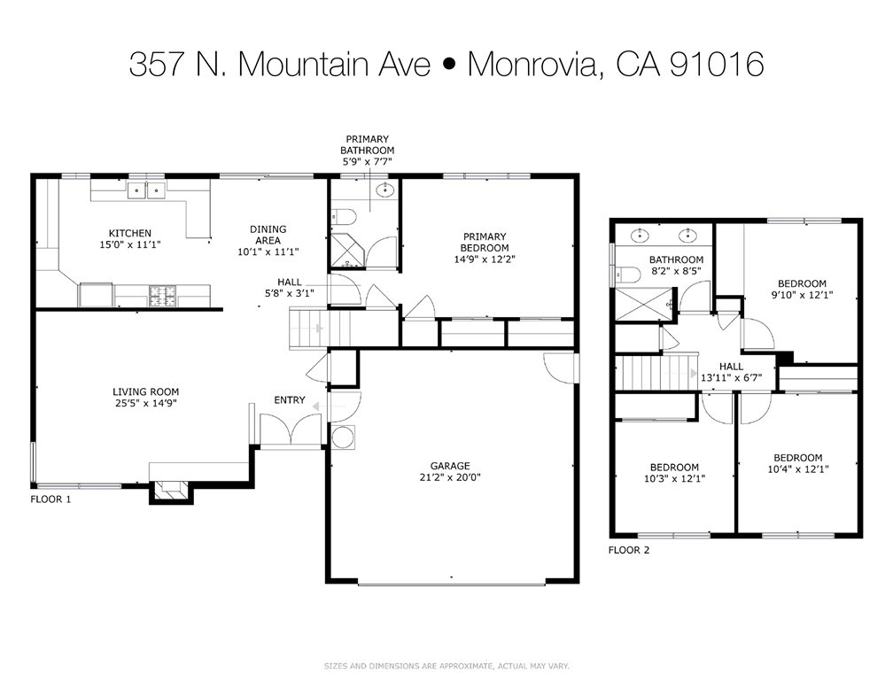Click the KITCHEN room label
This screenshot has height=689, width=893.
(x=129, y=234)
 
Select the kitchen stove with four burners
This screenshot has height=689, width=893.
(x=162, y=295)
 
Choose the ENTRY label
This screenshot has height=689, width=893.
(x=290, y=400)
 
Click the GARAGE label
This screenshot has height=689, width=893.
(x=450, y=466)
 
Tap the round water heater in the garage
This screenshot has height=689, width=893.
(x=342, y=437)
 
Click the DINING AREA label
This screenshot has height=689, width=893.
(x=268, y=234)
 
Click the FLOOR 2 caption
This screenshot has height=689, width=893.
(x=629, y=550)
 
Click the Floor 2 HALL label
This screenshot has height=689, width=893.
(x=731, y=366)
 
